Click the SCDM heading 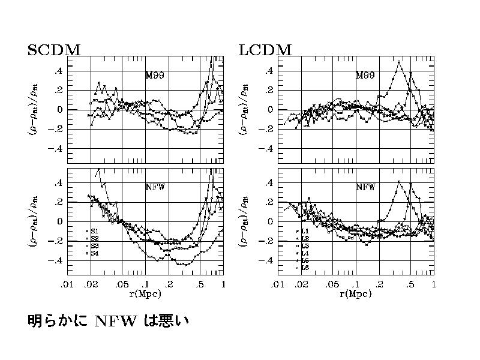pyautogui.click(x=54, y=50)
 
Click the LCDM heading pyautogui.click(x=265, y=50)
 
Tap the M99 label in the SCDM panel pyautogui.click(x=155, y=76)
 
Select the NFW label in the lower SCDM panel pyautogui.click(x=155, y=187)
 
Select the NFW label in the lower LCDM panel pyautogui.click(x=365, y=187)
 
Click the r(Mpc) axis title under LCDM pyautogui.click(x=356, y=294)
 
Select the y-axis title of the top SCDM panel pyautogui.click(x=34, y=109)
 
